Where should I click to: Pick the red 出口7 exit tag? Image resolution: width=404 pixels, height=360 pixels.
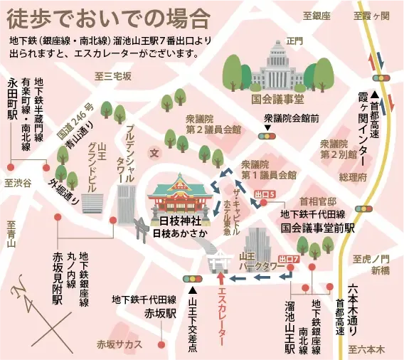(289, 259)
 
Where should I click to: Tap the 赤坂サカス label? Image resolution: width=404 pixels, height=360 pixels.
(119, 344)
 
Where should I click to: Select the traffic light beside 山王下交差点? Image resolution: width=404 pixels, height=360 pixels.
(193, 278)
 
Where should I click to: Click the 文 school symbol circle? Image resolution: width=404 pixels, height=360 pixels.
(154, 152)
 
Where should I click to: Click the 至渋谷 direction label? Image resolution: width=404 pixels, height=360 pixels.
(18, 183)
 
